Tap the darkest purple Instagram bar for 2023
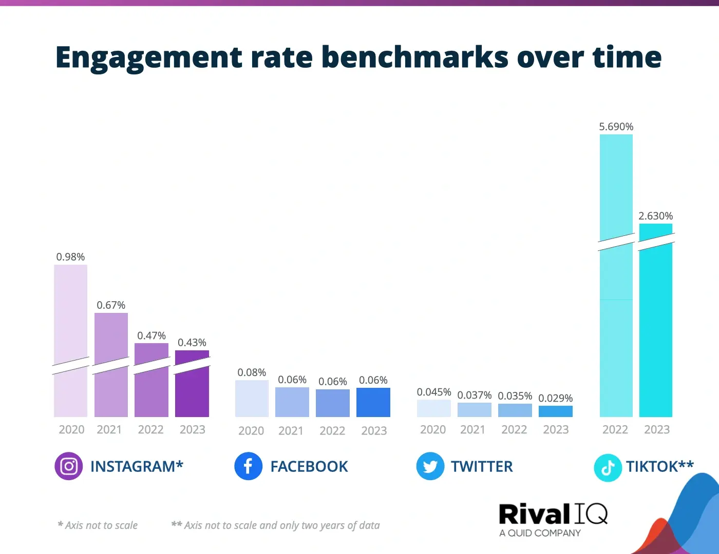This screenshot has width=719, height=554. tap(192, 390)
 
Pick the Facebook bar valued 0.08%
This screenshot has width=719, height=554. tap(252, 399)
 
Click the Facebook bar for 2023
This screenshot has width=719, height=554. tap(373, 402)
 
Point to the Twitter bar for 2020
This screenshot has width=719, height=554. tap(433, 408)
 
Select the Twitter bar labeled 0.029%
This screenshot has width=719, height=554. tap(556, 411)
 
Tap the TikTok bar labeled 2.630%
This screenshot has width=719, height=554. tap(656, 333)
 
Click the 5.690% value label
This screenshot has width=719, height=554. tap(616, 127)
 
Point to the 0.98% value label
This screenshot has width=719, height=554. tap(70, 257)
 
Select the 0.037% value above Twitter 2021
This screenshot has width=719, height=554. tap(475, 395)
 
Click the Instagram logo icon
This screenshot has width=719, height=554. tap(68, 466)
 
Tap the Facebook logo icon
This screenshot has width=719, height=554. tap(248, 466)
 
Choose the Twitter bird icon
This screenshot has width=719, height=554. tap(430, 466)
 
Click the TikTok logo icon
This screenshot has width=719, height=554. tap(608, 468)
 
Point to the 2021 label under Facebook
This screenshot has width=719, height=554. tap(291, 431)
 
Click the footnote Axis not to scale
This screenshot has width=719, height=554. tap(98, 525)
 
